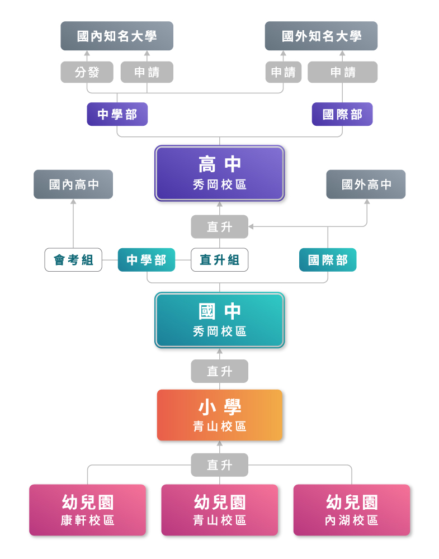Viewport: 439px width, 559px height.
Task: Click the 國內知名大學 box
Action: click(117, 36)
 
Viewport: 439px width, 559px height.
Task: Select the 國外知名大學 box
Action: click(321, 36)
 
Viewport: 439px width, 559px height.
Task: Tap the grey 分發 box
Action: click(87, 72)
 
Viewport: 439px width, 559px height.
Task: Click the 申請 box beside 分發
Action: click(147, 72)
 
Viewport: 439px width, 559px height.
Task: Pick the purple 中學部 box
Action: click(117, 114)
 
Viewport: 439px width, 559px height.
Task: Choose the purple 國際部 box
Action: click(342, 114)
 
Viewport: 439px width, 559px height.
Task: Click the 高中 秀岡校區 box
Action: click(220, 173)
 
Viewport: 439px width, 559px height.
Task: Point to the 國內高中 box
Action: click(73, 184)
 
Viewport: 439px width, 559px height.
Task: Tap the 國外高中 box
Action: click(366, 184)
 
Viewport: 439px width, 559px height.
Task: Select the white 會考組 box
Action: click(73, 260)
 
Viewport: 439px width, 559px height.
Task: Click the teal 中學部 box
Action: click(147, 260)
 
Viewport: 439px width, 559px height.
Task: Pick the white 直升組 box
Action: click(219, 260)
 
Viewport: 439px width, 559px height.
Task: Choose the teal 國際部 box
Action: click(328, 260)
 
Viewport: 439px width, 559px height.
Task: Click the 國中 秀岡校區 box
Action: click(220, 320)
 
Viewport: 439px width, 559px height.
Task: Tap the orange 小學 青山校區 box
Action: click(220, 415)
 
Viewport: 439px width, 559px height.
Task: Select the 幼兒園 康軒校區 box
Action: click(88, 510)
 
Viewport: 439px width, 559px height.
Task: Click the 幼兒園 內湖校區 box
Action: click(352, 510)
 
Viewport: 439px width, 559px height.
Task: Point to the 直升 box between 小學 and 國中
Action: click(219, 371)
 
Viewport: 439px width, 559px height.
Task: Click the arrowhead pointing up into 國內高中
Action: click(73, 202)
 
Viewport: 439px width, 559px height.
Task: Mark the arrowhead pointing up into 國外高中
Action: click(367, 202)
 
